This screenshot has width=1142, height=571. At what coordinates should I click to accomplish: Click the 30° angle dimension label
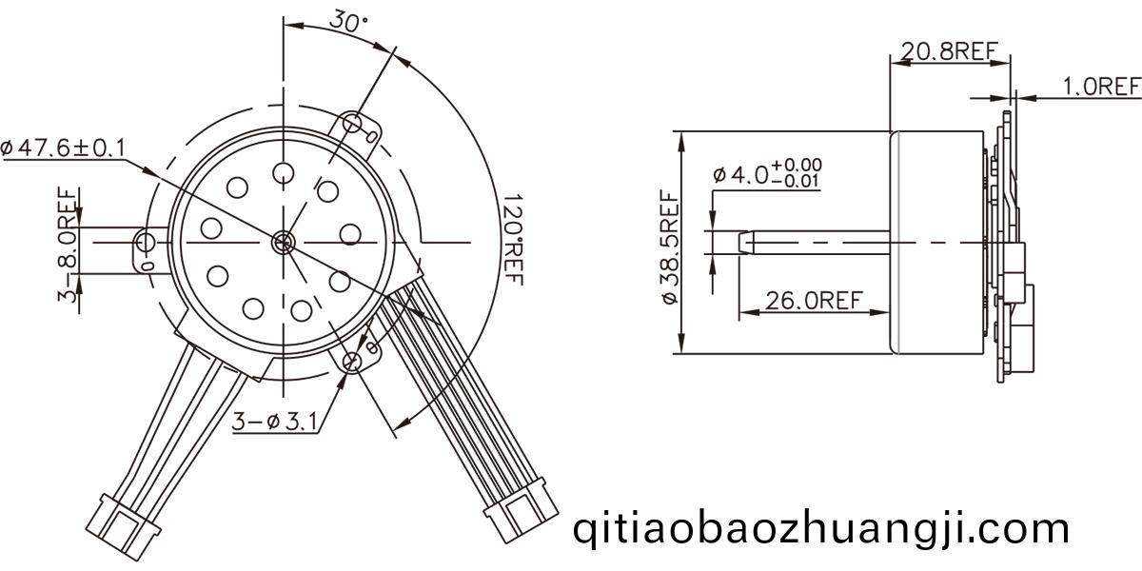(x=348, y=21)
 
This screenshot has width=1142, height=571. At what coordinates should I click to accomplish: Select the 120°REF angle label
(x=512, y=239)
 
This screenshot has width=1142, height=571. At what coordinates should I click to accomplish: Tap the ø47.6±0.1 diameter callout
(x=63, y=148)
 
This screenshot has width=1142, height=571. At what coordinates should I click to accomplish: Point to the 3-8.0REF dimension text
(x=68, y=245)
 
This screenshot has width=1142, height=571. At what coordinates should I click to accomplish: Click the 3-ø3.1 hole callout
(x=274, y=421)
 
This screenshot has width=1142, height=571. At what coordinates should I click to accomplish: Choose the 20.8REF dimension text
(x=950, y=51)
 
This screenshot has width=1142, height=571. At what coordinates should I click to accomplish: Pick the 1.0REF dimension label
(x=1102, y=87)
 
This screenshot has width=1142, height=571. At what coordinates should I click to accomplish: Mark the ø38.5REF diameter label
(x=670, y=246)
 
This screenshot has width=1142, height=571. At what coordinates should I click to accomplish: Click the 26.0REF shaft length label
(x=814, y=301)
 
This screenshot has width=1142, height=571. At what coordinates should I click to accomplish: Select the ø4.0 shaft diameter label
(x=768, y=173)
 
